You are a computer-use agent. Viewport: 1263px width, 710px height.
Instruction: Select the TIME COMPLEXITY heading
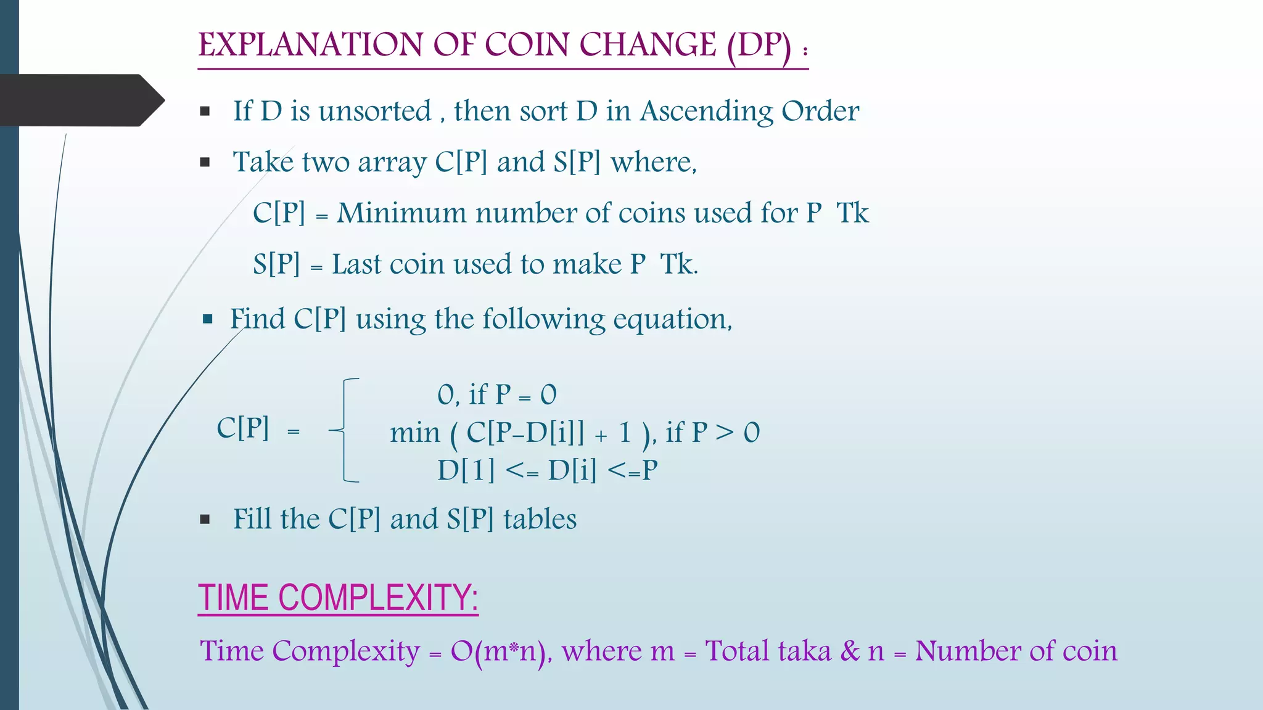338,597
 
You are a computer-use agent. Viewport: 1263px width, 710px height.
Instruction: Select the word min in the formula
414,433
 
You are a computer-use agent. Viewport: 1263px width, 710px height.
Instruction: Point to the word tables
540,519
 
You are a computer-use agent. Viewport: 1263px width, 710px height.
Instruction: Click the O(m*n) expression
500,651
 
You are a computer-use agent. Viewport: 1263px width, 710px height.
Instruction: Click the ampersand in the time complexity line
850,651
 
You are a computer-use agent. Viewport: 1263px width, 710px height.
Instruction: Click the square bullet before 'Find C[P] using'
208,319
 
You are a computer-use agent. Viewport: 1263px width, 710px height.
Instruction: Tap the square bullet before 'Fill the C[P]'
205,520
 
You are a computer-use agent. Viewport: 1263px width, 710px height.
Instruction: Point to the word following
543,320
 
